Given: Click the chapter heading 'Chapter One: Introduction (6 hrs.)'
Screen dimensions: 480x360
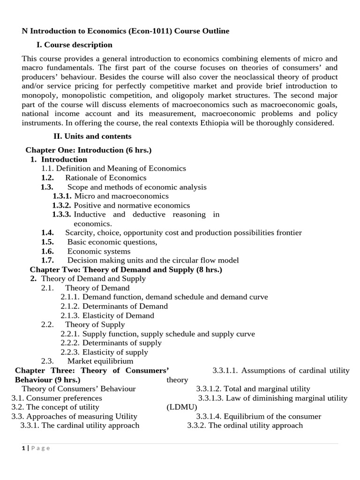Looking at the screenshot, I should click(x=88, y=150).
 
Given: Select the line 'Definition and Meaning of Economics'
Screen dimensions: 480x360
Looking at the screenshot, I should click(x=121, y=168).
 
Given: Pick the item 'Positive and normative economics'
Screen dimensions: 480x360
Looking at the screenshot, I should click(x=132, y=205).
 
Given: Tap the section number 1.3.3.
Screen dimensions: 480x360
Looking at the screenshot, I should click(x=61, y=214).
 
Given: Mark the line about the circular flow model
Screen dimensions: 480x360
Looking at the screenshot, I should click(x=153, y=260).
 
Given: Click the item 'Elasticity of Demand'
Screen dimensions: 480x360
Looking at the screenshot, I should click(x=118, y=315).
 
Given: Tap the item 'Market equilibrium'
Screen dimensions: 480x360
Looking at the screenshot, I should click(x=100, y=361).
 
